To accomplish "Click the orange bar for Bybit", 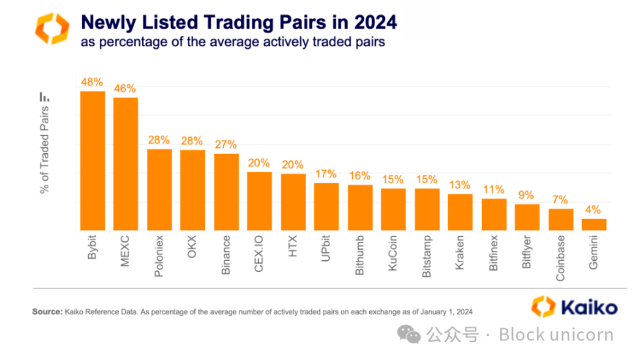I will pos(92,161).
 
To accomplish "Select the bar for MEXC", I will pos(126,164).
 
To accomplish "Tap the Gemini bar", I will pos(594,224).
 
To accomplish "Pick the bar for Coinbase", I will pos(560,220).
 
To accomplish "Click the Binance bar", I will pos(226,192).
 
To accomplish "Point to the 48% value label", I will pos(92,82).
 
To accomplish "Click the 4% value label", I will pos(594,210).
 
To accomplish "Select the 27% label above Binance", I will pos(226,145).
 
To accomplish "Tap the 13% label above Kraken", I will pos(460,185).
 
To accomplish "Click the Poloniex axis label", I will pos(159,256).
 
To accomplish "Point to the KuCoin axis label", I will pos(393,254).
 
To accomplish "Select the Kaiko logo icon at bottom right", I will pos(543,306).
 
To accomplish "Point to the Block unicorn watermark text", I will pos(556,335).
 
